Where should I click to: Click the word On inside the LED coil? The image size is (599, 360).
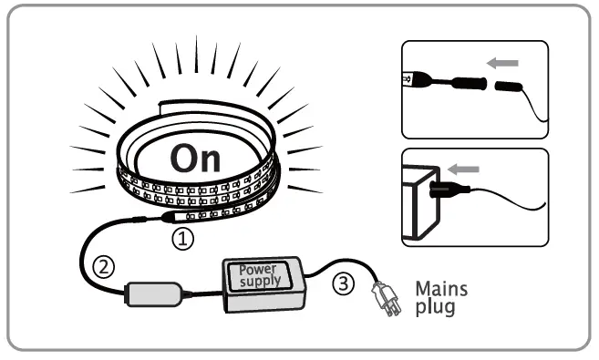pyautogui.click(x=195, y=157)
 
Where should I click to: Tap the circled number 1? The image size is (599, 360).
pyautogui.click(x=183, y=240)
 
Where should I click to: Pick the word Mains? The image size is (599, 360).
pyautogui.click(x=442, y=289)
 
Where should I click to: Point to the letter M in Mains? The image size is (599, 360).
pyautogui.click(x=424, y=289)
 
